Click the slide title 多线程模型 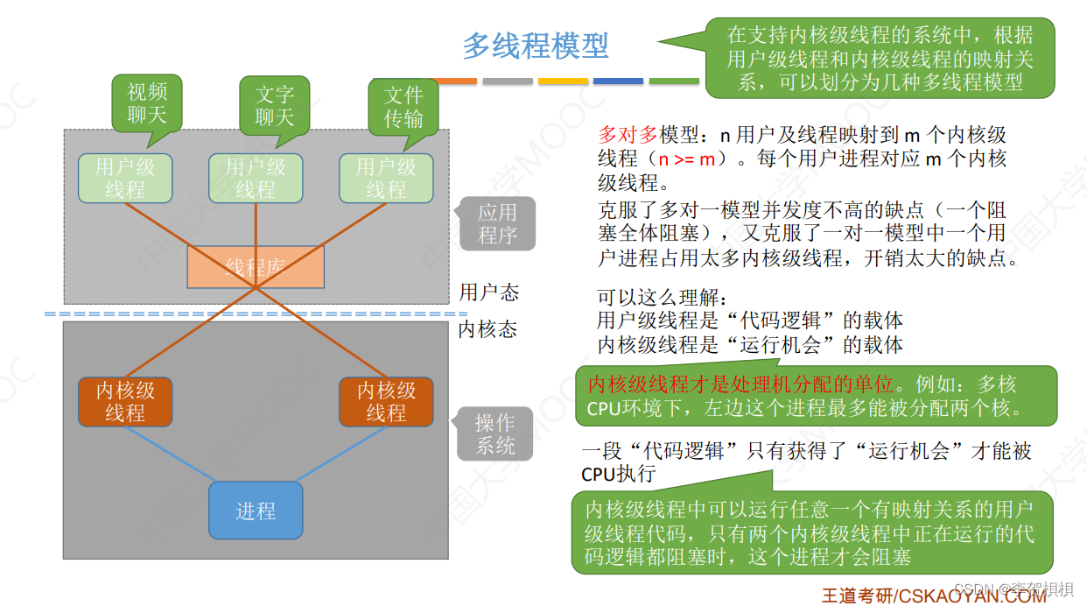535,46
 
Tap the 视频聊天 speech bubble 147,103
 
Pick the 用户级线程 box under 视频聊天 125,178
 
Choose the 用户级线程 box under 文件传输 386,178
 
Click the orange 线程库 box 256,267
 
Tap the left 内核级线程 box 125,401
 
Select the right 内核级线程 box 386,401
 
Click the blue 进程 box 256,511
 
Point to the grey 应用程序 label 497,223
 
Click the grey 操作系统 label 495,434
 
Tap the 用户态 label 489,292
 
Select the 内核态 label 487,329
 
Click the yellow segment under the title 563,81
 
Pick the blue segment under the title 618,81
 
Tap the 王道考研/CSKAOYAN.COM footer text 933,595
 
